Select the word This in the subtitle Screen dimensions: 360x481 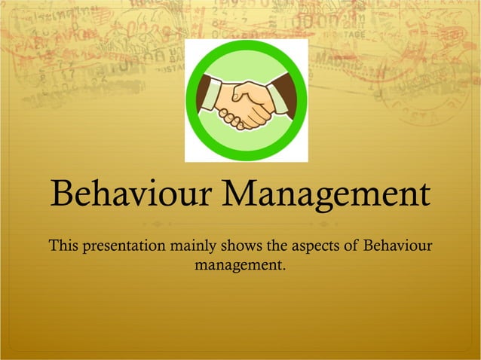(x=63, y=246)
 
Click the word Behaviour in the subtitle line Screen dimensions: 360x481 (x=399, y=246)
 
